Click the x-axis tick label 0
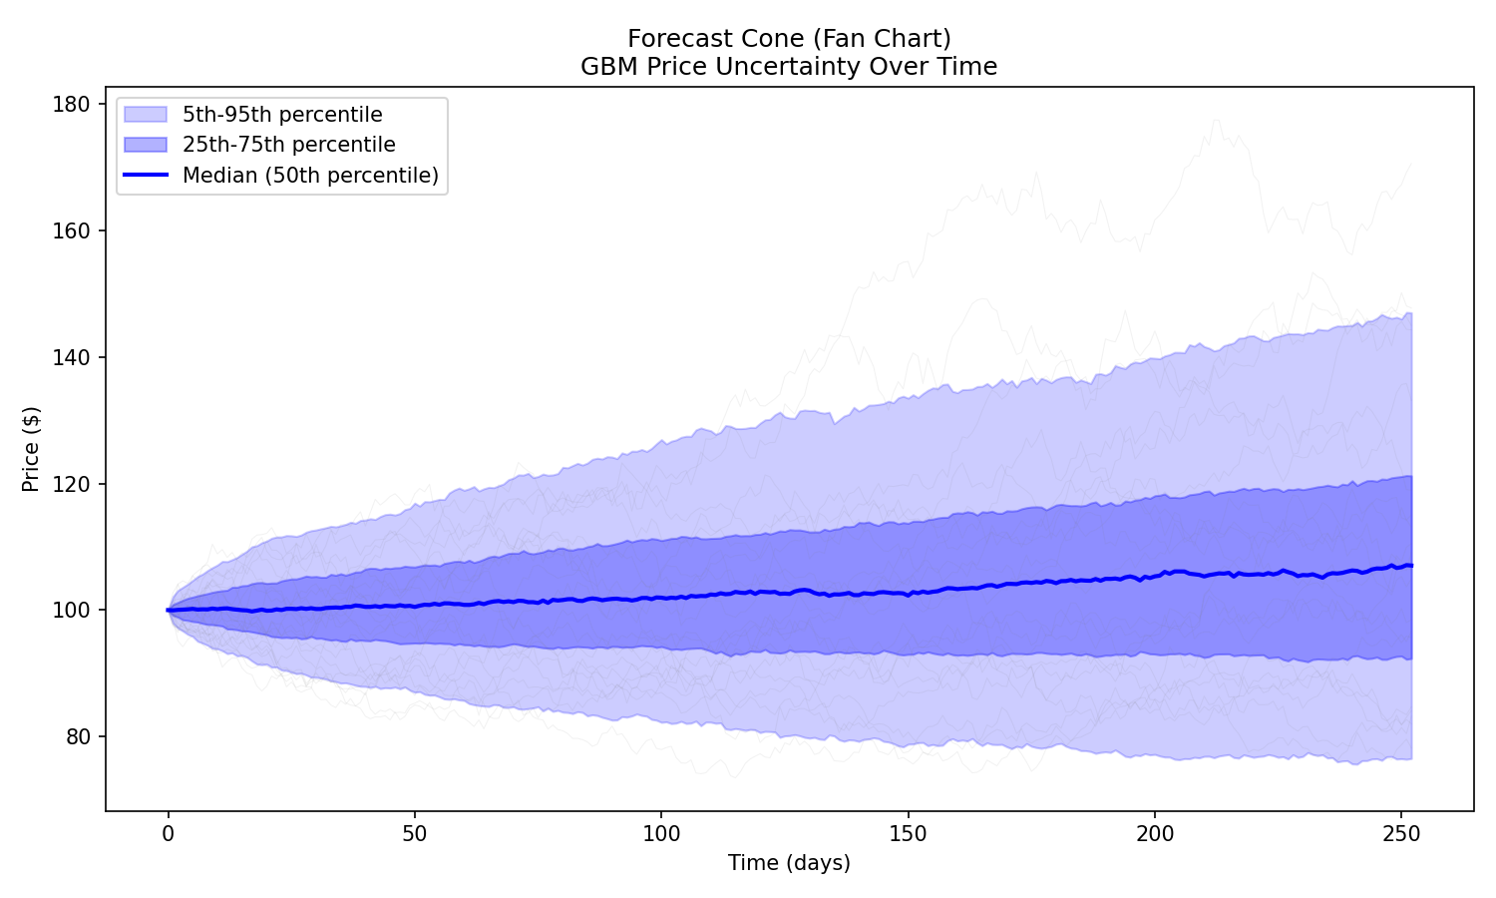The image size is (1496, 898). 168,832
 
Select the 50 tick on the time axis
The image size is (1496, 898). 414,832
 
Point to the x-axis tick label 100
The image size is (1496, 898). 660,832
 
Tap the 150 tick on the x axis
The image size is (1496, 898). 908,832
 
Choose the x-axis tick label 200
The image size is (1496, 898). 1154,832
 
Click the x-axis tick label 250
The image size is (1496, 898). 1400,832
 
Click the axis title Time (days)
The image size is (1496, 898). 789,863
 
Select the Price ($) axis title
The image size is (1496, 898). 31,449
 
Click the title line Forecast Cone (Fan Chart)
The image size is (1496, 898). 789,38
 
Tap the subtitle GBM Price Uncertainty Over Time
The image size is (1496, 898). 789,67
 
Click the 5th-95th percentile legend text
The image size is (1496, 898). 282,115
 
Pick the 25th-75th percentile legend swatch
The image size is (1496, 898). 145,145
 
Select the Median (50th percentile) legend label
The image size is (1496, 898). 310,176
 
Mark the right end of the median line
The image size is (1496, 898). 1411,566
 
